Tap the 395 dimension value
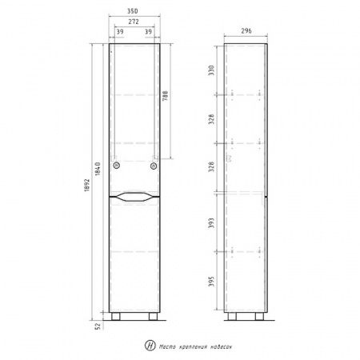coord(212,284)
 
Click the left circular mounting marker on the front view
coord(118,166)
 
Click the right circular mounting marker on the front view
coord(154,166)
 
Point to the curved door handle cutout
coord(135,196)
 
